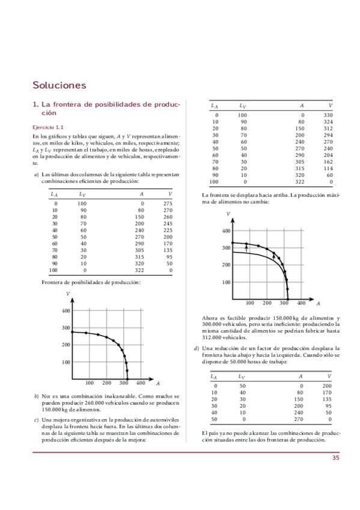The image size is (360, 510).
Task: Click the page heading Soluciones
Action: click(59, 85)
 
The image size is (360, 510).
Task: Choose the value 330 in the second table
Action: click(328, 115)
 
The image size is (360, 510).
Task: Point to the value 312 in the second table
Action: click(328, 128)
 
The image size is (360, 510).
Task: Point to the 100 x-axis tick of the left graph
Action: click(89, 382)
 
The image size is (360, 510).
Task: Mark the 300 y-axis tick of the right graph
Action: click(227, 248)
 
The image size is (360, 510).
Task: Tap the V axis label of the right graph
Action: click(228, 214)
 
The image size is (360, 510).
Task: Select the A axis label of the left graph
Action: click(157, 383)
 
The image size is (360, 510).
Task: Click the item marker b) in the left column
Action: click(37, 397)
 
